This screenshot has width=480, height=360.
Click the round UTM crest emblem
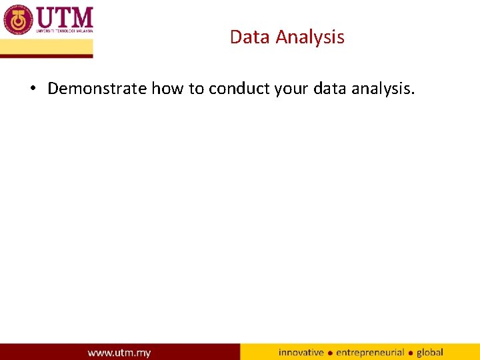coord(18,19)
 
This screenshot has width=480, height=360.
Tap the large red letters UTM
coord(64,17)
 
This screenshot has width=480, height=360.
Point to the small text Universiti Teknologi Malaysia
coord(64,31)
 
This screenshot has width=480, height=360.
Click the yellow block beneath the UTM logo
coord(47,47)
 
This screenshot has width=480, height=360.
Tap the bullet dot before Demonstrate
coord(32,89)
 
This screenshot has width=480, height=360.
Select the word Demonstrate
coord(97,89)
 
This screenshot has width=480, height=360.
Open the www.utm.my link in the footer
coord(119,353)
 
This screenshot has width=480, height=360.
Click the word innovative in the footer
coord(301,352)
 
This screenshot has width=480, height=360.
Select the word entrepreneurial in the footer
coord(370,353)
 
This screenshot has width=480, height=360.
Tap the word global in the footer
coord(430,352)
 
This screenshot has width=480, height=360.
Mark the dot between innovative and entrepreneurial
coord(330,353)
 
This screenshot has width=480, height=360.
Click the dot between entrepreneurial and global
coord(411,353)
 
